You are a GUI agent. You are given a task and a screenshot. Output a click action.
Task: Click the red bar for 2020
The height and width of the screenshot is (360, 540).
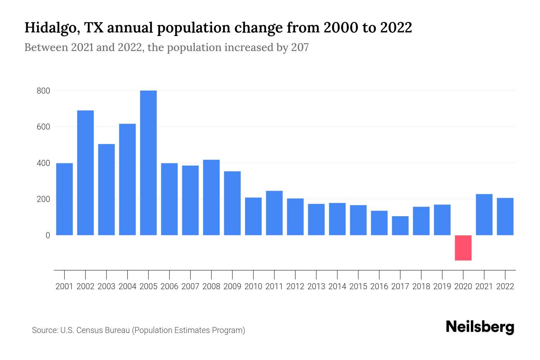(x=463, y=248)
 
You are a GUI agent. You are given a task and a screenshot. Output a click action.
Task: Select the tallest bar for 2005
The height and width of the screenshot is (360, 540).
(x=148, y=163)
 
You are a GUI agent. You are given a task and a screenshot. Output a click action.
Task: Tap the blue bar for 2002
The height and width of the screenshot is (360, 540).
(x=85, y=173)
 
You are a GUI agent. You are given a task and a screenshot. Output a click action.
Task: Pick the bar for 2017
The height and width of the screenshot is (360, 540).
(x=400, y=226)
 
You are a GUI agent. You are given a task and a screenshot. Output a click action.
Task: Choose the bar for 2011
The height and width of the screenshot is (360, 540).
(x=274, y=213)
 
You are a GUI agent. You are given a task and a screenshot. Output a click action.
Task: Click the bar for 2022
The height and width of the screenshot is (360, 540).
(x=505, y=216)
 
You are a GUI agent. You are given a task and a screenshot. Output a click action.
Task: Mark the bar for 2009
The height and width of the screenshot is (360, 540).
(x=232, y=203)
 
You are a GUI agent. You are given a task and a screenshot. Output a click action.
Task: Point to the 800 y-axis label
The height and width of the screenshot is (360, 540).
(x=43, y=91)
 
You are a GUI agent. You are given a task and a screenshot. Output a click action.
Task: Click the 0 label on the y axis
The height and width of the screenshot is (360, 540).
(x=48, y=235)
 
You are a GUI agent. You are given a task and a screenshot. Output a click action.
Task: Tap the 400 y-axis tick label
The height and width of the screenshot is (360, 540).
(x=43, y=163)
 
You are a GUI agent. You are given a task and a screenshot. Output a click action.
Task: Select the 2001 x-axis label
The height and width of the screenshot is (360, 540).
(x=64, y=286)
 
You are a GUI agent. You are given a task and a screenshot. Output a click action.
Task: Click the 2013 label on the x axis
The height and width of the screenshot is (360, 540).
(x=316, y=286)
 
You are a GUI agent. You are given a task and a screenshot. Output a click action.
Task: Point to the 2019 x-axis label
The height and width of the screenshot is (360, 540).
(x=442, y=286)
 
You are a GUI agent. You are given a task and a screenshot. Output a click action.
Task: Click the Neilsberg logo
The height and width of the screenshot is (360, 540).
(x=480, y=327)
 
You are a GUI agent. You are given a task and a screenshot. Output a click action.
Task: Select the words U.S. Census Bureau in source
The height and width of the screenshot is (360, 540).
(x=95, y=330)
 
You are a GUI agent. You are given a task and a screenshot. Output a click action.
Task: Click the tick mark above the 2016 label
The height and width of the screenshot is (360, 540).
(x=379, y=274)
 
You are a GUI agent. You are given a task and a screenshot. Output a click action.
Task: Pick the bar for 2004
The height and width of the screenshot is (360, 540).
(x=127, y=179)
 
